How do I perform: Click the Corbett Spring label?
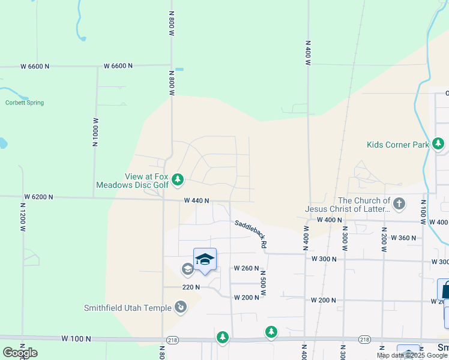25,103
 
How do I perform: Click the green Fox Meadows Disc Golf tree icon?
178,179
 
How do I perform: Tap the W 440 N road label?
196,200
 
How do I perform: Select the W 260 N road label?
246,268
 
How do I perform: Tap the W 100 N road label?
76,339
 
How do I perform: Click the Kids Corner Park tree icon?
439,144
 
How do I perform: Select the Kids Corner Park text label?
398,145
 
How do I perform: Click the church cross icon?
399,204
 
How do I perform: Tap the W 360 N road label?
403,238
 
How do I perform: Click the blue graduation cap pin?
205,259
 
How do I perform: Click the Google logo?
20,353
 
